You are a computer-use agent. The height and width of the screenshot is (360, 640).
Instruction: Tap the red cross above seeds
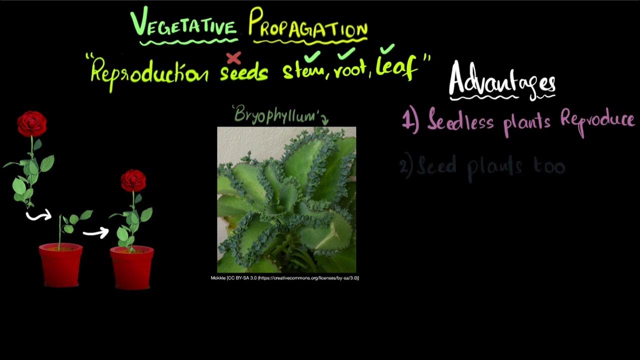click(x=233, y=58)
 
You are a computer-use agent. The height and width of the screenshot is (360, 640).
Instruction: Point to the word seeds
click(x=244, y=73)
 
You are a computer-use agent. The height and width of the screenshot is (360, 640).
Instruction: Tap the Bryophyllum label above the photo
click(x=276, y=115)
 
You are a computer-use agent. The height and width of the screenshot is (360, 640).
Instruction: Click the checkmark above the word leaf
click(x=387, y=49)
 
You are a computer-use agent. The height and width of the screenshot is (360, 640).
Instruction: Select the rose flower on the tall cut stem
click(x=32, y=123)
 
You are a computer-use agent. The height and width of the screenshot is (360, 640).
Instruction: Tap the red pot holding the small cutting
click(x=60, y=264)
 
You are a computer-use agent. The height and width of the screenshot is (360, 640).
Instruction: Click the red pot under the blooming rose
click(x=131, y=267)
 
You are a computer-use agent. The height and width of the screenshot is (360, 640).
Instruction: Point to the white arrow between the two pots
click(x=95, y=232)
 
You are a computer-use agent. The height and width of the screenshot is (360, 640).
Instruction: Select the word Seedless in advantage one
click(x=460, y=121)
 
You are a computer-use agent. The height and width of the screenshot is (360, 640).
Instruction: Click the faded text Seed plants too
click(x=483, y=166)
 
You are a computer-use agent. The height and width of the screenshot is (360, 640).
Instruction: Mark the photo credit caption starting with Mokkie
click(x=285, y=278)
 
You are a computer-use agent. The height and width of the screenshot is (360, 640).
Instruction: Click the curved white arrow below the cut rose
click(x=39, y=215)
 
